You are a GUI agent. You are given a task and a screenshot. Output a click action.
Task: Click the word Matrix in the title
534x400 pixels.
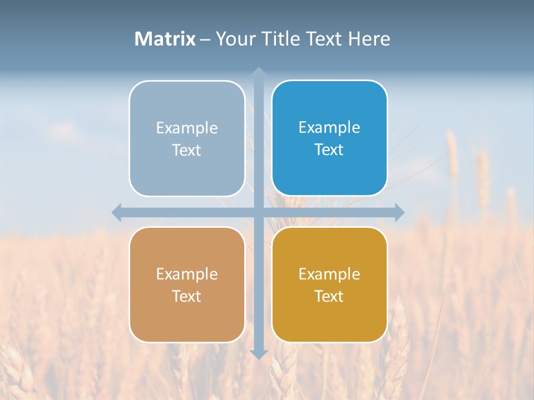tap(165, 39)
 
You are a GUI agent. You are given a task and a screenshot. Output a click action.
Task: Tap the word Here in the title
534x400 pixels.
tap(369, 39)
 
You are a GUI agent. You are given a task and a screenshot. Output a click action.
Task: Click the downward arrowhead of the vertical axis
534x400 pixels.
tap(259, 354)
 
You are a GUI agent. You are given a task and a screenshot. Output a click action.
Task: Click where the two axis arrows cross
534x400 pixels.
tap(259, 212)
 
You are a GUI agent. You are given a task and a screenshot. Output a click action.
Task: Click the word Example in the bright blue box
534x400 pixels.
tap(329, 128)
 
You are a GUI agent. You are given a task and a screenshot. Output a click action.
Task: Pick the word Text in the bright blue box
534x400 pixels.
tap(329, 150)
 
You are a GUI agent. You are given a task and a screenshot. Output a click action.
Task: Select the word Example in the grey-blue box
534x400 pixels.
tap(187, 128)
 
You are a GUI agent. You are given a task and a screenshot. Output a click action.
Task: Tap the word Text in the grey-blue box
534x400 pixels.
tap(187, 151)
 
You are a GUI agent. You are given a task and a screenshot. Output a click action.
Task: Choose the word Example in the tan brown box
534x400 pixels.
tap(187, 274)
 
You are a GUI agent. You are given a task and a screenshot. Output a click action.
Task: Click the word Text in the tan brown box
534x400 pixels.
tap(187, 297)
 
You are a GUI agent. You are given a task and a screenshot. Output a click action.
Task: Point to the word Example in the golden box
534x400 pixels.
tap(329, 274)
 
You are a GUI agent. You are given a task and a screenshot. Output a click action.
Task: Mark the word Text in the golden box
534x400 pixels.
tap(329, 297)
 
